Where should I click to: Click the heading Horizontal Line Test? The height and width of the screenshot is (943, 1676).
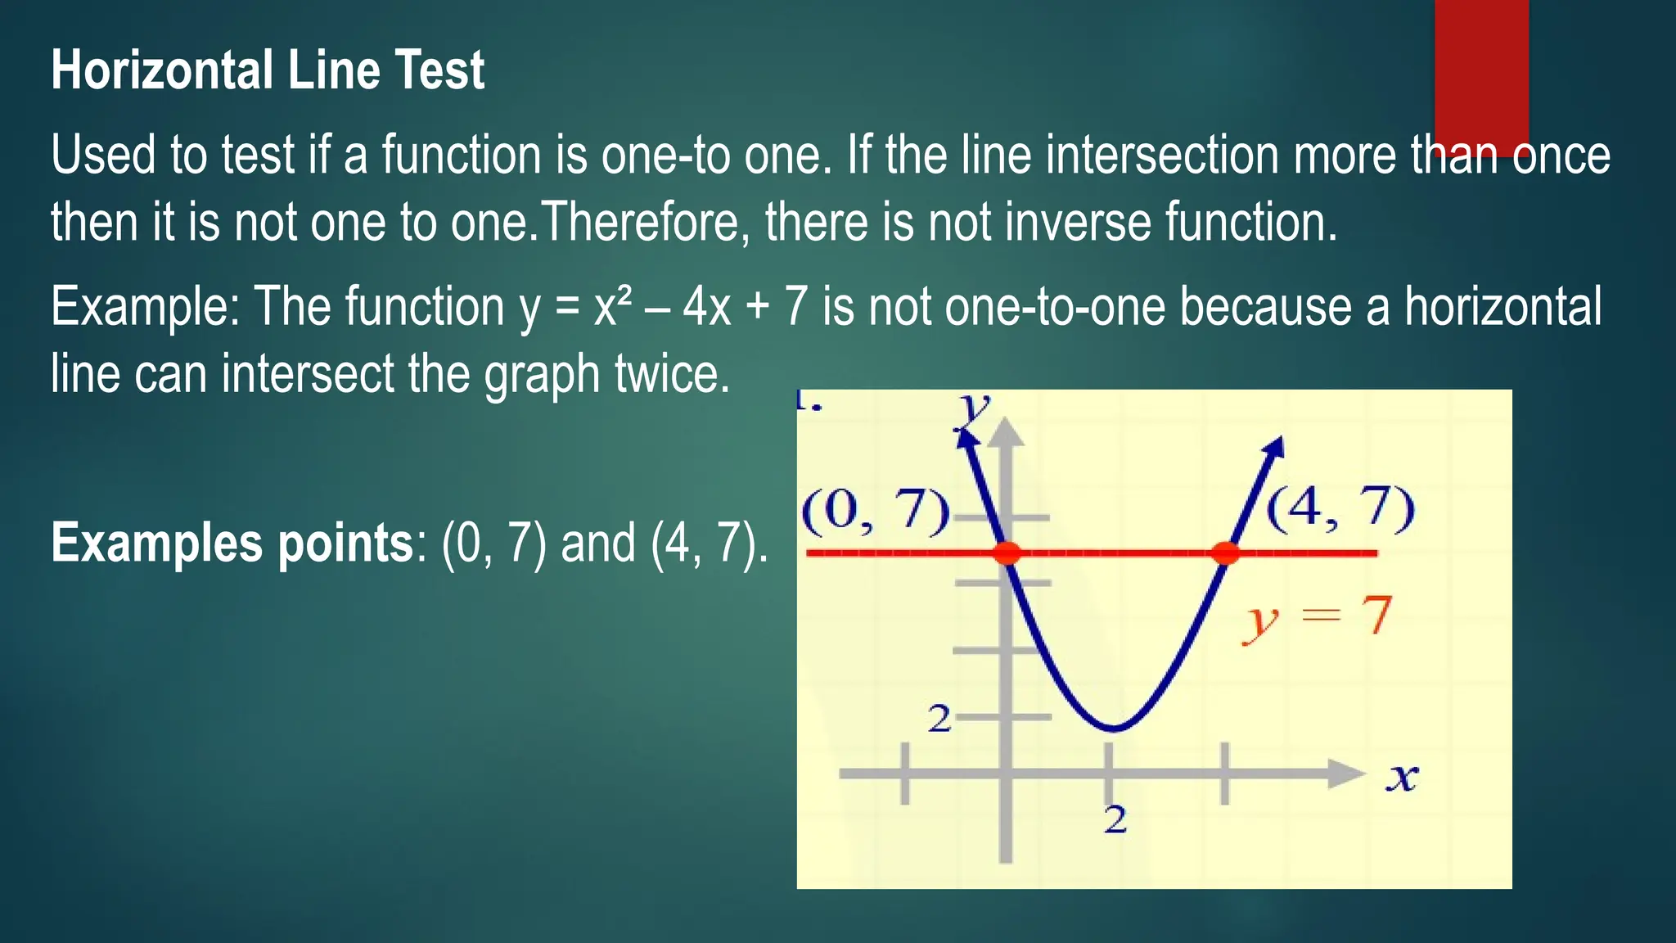point(268,70)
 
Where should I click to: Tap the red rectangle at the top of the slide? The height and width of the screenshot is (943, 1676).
point(1481,74)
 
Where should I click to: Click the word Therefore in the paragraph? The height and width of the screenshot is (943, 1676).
point(639,222)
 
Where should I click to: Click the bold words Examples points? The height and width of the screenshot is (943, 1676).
point(232,543)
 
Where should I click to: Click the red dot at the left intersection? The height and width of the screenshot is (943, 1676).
point(1007,553)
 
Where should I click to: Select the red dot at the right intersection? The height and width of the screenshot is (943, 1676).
point(1225,553)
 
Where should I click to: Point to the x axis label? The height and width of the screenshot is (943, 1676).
point(1402,776)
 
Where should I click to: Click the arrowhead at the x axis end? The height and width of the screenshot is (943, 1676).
point(1346,774)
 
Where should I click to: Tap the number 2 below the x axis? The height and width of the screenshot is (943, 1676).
point(1115,819)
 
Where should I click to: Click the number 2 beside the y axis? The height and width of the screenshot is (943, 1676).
point(939,720)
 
